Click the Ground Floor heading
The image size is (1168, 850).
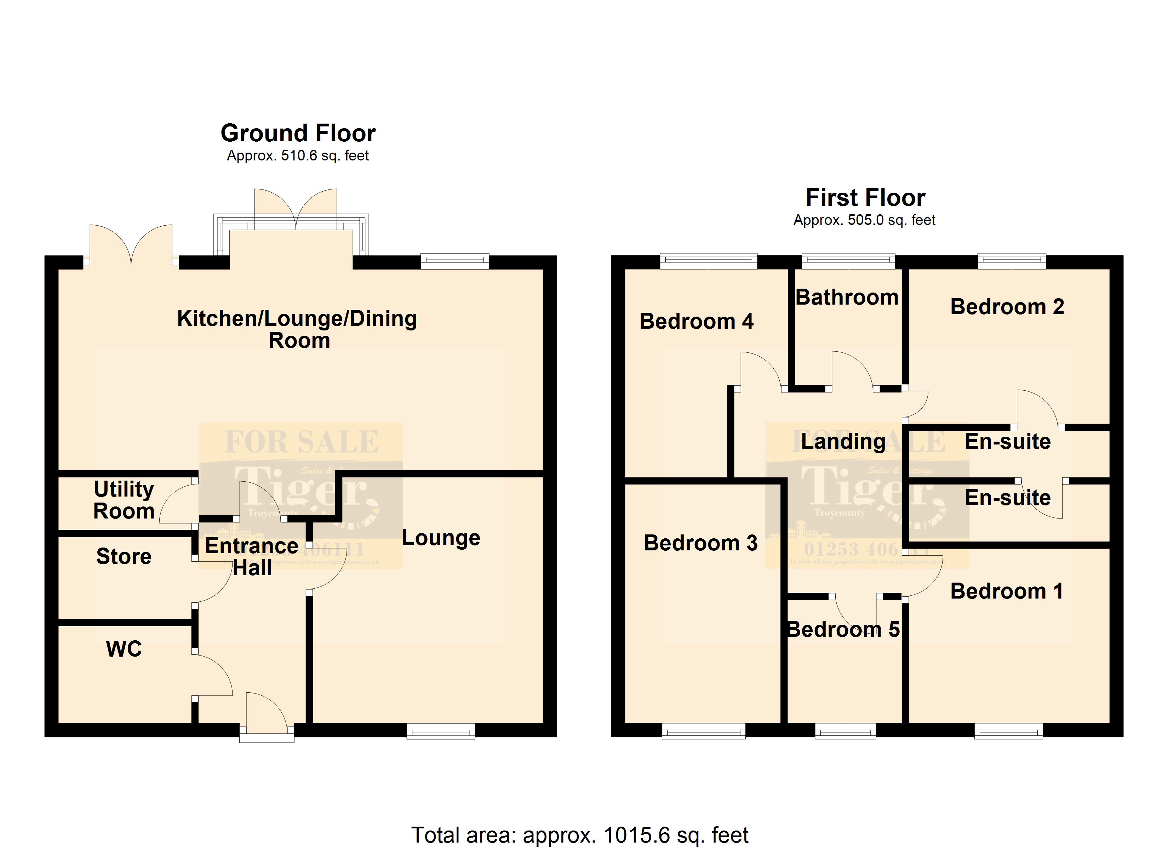tap(298, 133)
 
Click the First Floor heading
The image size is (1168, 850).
tap(865, 197)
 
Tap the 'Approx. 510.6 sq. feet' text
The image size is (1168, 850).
tap(298, 156)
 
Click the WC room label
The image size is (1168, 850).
tap(124, 649)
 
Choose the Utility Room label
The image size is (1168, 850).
tap(124, 500)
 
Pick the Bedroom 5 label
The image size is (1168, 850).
tap(843, 629)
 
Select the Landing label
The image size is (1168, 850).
tap(843, 442)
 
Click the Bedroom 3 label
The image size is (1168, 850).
tap(700, 543)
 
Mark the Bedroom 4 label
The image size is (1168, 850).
tap(696, 322)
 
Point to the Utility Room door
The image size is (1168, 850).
tap(178, 503)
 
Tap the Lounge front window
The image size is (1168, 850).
tap(441, 731)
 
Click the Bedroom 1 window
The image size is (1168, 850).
tap(1008, 731)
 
